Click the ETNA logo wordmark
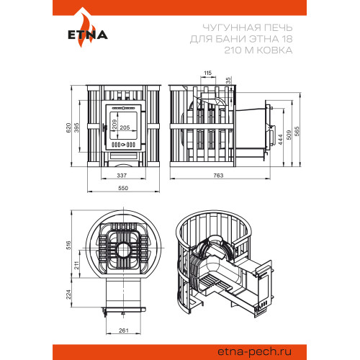88,35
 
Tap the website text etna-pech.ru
255,352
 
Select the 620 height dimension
68,127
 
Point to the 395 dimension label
76,127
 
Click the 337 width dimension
122,176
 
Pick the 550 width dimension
123,188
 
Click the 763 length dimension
218,176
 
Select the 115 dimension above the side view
207,73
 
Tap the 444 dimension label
280,140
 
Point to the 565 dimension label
297,132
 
